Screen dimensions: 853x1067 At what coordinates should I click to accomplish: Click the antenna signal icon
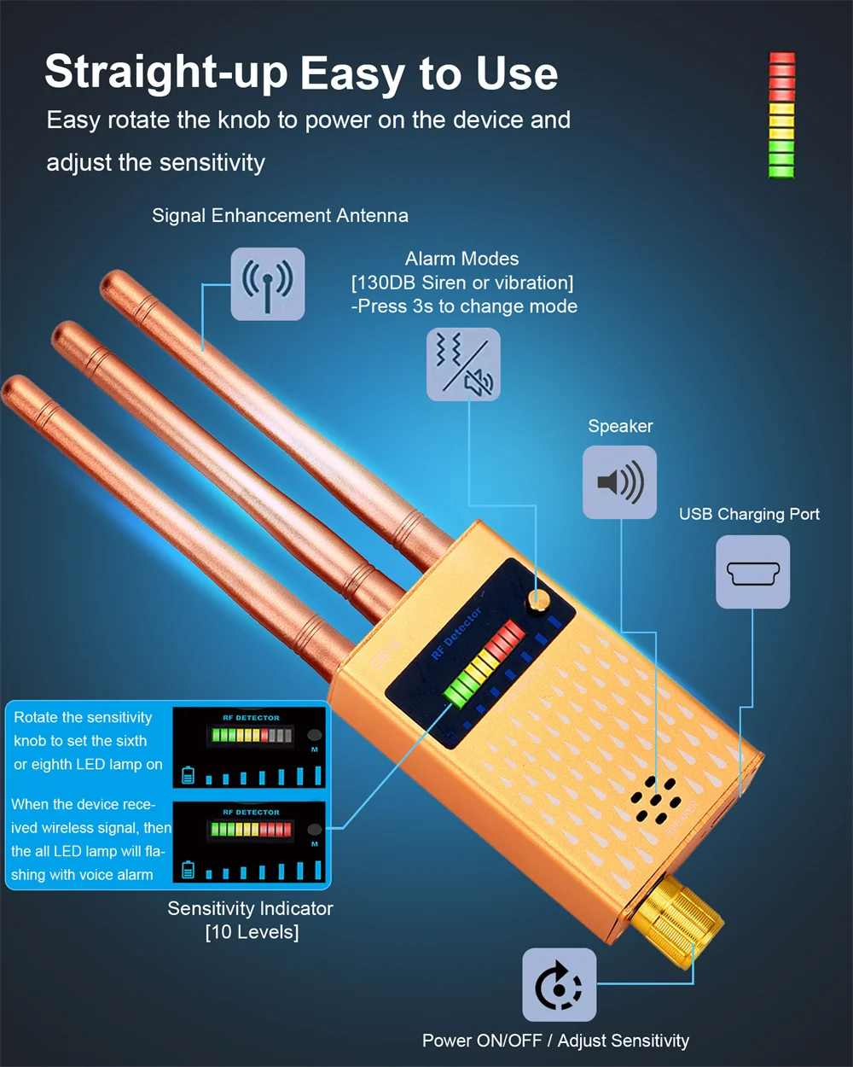pyautogui.click(x=268, y=284)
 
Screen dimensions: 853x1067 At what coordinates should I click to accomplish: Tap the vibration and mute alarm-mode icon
pyautogui.click(x=463, y=364)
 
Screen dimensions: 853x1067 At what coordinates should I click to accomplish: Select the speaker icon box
pyautogui.click(x=619, y=482)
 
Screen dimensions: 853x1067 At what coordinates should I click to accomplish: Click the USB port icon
pyautogui.click(x=753, y=572)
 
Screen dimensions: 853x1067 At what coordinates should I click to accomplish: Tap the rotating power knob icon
pyautogui.click(x=559, y=985)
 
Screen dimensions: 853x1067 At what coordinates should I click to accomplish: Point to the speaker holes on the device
pyautogui.click(x=656, y=801)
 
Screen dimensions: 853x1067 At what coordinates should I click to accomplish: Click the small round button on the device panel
pyautogui.click(x=537, y=601)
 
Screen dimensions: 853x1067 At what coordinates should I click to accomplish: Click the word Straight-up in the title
pyautogui.click(x=166, y=73)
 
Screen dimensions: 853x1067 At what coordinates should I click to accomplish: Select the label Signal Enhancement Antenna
pyautogui.click(x=280, y=216)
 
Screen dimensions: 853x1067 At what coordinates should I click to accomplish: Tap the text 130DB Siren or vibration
pyautogui.click(x=462, y=283)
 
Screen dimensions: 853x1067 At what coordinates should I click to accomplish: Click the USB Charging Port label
pyautogui.click(x=749, y=514)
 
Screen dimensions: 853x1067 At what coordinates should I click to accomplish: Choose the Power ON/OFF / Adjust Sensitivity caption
pyautogui.click(x=555, y=1041)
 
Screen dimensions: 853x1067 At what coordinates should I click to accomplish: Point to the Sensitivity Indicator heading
pyautogui.click(x=250, y=908)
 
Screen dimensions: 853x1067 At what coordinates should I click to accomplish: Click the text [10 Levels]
pyautogui.click(x=252, y=932)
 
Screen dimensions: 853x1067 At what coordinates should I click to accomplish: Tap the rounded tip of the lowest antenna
pyautogui.click(x=14, y=386)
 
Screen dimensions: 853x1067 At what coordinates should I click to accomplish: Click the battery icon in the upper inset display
pyautogui.click(x=188, y=775)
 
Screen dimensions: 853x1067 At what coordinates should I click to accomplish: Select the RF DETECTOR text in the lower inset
pyautogui.click(x=252, y=812)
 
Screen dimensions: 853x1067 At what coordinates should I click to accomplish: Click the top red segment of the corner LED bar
pyautogui.click(x=781, y=58)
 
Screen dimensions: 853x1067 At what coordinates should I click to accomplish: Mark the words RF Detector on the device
pyautogui.click(x=456, y=633)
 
